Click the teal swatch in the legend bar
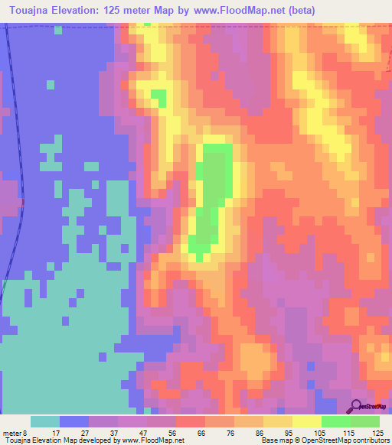point(45,421)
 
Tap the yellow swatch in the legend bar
point(307,421)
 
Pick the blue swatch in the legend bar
point(74,421)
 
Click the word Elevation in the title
point(80,11)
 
